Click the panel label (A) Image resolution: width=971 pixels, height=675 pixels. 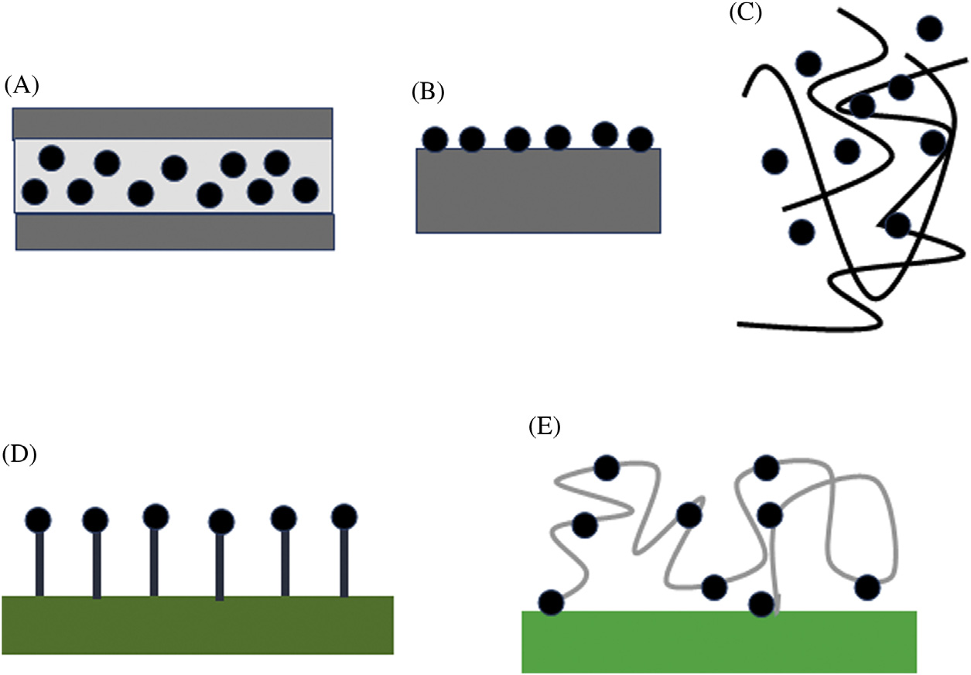22,85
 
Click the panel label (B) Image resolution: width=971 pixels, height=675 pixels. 428,92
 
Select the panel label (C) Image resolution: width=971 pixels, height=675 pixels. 745,13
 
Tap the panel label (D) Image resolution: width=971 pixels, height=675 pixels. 19,454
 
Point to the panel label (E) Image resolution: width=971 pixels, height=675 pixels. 545,427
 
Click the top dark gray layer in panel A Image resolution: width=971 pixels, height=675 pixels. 173,124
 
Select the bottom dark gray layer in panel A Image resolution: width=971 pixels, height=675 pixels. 175,232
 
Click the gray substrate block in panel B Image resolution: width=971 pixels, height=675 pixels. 538,191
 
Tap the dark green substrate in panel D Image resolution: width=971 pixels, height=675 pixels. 197,625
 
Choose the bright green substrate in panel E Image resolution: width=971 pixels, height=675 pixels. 719,642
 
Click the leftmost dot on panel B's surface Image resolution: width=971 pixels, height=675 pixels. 435,139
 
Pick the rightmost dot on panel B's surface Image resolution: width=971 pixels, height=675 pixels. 641,139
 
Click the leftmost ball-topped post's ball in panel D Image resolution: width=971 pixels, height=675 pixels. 38,519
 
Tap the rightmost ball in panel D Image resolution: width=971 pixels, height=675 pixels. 344,516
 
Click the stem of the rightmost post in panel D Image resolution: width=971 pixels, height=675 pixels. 344,563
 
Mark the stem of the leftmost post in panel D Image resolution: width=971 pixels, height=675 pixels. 39,564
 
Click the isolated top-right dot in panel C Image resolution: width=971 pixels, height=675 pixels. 930,29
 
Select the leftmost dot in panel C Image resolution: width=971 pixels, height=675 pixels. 774,161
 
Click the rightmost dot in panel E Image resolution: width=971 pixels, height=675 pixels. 867,588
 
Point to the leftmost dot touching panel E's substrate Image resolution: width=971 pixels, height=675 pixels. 552,603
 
